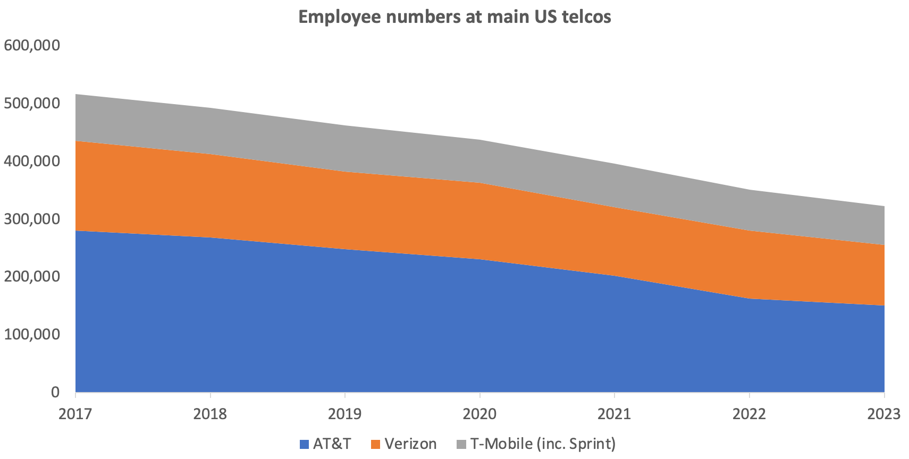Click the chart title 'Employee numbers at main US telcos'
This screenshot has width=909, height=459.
tap(454, 17)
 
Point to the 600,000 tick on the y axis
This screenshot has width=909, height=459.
tap(32, 45)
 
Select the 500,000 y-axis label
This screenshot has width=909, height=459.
tap(32, 103)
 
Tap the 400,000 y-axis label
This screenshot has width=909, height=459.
tap(32, 161)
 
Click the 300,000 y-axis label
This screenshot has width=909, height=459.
tap(32, 219)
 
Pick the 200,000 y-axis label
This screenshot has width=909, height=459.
tap(32, 277)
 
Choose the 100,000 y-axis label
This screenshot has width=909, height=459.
tap(32, 335)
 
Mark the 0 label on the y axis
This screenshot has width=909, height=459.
tap(55, 393)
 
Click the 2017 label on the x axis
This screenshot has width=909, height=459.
tap(75, 414)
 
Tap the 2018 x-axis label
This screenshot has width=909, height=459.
tap(210, 414)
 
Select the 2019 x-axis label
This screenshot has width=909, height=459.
tap(345, 414)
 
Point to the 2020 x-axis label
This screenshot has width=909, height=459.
tap(479, 414)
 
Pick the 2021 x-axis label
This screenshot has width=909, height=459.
tap(615, 414)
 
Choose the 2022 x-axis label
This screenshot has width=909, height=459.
tap(749, 414)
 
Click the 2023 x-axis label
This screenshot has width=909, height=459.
tap(883, 414)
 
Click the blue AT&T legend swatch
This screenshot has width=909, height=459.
tap(304, 444)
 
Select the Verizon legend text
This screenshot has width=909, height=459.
tap(410, 444)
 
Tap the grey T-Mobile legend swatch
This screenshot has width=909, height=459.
tap(461, 444)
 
